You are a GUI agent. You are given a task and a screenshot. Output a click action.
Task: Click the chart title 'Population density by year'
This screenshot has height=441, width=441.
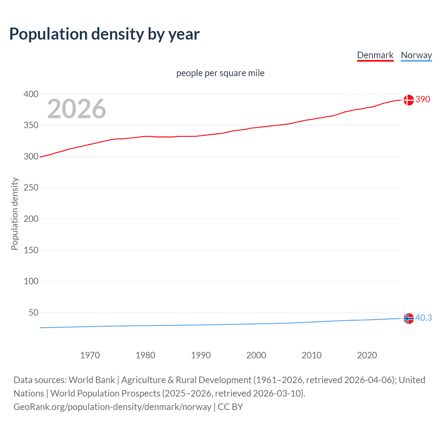pos(104,34)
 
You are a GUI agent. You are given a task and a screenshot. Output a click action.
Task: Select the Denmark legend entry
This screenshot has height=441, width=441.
pos(375,55)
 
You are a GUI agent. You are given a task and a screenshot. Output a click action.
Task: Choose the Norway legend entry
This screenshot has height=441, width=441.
pos(416,55)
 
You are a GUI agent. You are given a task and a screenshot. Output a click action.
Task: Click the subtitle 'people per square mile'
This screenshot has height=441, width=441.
pos(220,73)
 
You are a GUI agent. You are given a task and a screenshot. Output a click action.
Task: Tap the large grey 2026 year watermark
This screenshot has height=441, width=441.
pos(76,109)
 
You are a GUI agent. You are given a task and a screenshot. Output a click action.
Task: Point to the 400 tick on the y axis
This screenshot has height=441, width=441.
pos(31,94)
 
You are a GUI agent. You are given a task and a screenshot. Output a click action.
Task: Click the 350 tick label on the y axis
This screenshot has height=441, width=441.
pos(31,125)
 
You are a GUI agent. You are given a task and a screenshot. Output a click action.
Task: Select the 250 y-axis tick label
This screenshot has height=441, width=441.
pos(31,188)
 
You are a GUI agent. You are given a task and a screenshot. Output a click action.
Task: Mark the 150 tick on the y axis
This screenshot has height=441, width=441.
pos(31,250)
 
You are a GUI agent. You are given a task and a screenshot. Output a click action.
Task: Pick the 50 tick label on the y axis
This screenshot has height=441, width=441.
pos(33,313)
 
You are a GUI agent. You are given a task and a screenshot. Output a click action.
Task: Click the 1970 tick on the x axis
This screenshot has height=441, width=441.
pos(90,355)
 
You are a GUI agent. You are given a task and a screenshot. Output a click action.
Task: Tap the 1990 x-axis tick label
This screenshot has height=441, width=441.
pos(201,355)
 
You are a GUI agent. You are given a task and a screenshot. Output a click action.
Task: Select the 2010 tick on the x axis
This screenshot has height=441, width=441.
pos(311,355)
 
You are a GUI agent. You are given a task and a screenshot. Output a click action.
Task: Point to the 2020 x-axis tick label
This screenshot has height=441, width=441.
pos(367,355)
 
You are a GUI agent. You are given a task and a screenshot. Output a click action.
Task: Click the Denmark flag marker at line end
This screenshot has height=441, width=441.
pos(409,100)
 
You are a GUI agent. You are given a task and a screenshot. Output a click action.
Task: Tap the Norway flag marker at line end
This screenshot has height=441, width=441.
pos(409,318)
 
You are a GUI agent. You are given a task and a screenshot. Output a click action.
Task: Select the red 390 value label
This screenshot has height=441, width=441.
pos(423,100)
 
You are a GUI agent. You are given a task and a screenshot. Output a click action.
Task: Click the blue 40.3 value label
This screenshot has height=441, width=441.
pos(423,318)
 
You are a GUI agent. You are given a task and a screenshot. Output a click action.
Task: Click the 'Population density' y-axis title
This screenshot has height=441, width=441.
pos(14,214)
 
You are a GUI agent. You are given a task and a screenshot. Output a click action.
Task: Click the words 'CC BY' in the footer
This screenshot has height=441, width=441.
pos(230,407)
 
